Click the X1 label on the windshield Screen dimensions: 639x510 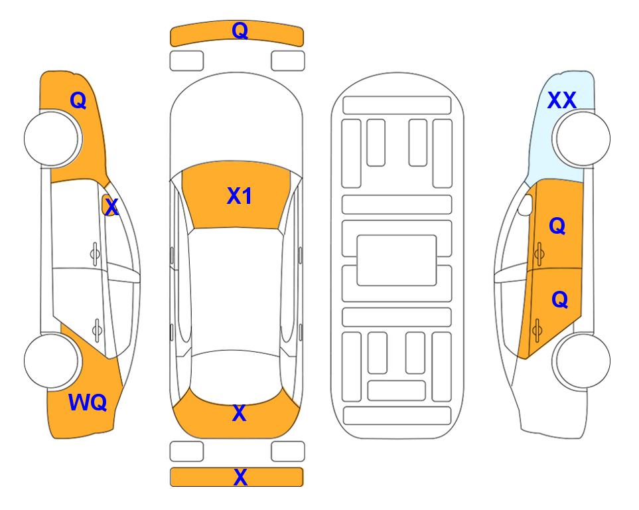[240, 196]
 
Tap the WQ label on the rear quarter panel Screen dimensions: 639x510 [88, 402]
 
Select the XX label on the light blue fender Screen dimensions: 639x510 [561, 100]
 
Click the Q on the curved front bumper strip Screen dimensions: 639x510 [240, 31]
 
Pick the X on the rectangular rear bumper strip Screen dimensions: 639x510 [240, 477]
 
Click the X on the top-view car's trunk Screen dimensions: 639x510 [240, 413]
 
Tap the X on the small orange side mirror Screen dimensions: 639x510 [111, 207]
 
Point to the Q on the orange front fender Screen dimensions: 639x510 [78, 100]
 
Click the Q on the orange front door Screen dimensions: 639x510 [557, 226]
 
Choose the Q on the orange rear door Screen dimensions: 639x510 [559, 300]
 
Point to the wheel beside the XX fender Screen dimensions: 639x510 [581, 139]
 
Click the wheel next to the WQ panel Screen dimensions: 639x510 [52, 361]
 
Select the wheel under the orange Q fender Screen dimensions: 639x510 [52, 139]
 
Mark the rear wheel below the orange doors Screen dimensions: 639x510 [581, 361]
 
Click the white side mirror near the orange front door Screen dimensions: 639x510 [526, 205]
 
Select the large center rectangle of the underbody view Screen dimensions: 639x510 [397, 260]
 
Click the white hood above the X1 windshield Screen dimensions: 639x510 [236, 122]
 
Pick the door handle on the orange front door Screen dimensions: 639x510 [539, 254]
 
